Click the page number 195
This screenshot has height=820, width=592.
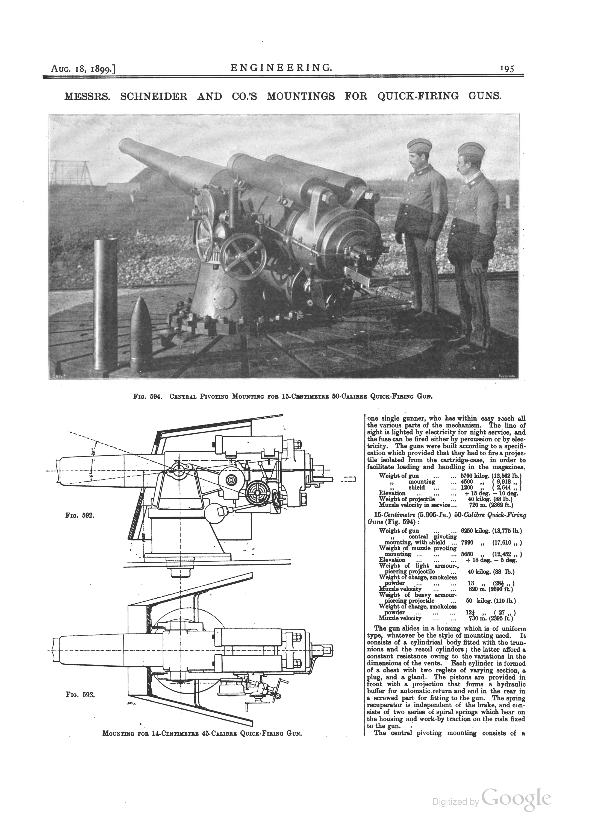tap(507, 68)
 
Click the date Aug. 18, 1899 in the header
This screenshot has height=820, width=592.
tap(83, 68)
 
